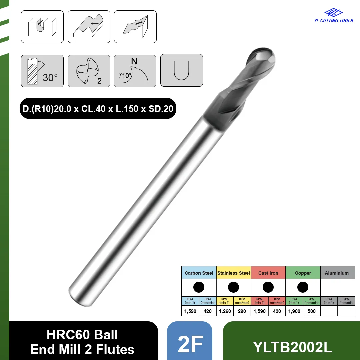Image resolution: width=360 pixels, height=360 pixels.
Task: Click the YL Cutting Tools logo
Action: pyautogui.click(x=334, y=15)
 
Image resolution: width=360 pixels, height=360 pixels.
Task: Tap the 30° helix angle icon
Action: pyautogui.click(x=42, y=71)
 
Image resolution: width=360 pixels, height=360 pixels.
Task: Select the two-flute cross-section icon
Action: pyautogui.click(x=89, y=71)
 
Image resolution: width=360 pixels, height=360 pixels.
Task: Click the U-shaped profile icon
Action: pyautogui.click(x=181, y=70)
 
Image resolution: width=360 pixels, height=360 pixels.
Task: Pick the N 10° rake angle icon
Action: pyautogui.click(x=135, y=71)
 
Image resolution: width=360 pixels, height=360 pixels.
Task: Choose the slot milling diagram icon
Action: pyautogui.click(x=42, y=27)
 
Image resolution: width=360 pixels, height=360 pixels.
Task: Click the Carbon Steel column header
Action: pyautogui.click(x=199, y=273)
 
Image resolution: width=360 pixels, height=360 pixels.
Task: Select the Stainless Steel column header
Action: pyautogui.click(x=233, y=273)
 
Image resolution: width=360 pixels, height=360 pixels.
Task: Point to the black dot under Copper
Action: pyautogui.click(x=303, y=287)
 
